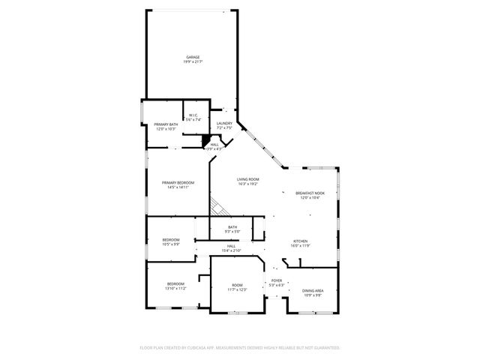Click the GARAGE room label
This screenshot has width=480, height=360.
point(193,57)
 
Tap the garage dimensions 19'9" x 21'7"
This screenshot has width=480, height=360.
point(193,61)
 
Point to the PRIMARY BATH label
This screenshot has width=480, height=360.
point(166,124)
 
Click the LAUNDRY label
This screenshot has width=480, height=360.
point(224,123)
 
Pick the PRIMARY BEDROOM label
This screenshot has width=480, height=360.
point(178,183)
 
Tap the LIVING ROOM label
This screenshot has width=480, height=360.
point(248,178)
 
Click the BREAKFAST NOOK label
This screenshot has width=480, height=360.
point(310,193)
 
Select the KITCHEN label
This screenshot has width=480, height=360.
point(301,241)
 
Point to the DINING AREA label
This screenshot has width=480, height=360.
point(313,290)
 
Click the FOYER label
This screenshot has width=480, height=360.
point(277,280)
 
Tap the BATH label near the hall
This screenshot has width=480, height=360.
point(232,227)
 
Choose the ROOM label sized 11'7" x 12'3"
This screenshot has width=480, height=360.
point(237,285)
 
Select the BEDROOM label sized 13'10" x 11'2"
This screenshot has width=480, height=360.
point(176,283)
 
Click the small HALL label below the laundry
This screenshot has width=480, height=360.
point(215,145)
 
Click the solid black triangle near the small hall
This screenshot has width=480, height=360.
point(206,139)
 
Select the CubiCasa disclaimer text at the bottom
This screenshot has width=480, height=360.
point(240,347)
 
